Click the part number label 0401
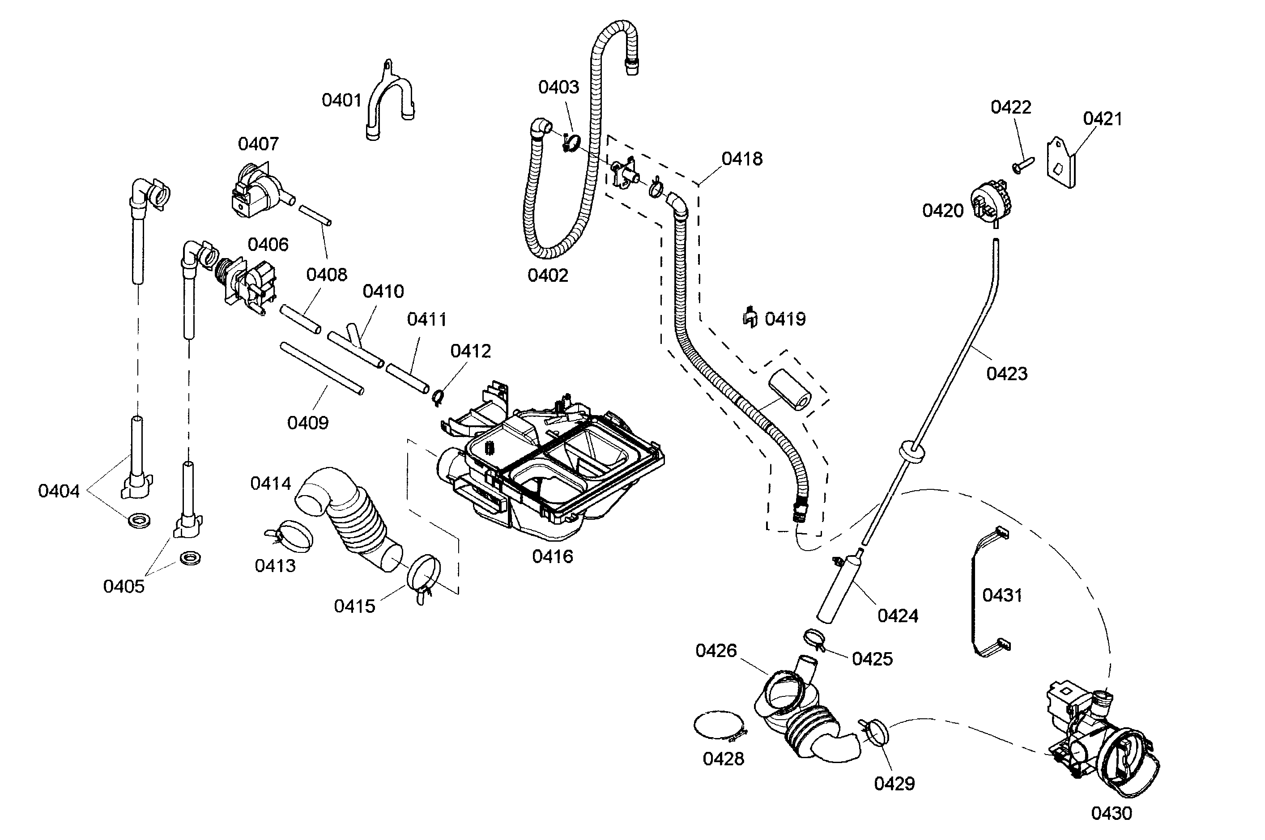tap(341, 100)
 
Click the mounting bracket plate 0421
tap(1061, 163)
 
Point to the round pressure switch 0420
tap(989, 203)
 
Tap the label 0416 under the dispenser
tap(552, 556)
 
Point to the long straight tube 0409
tap(321, 369)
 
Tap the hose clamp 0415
tap(424, 578)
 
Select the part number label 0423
tap(1006, 373)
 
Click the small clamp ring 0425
tap(814, 639)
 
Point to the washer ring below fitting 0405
tap(190, 558)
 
